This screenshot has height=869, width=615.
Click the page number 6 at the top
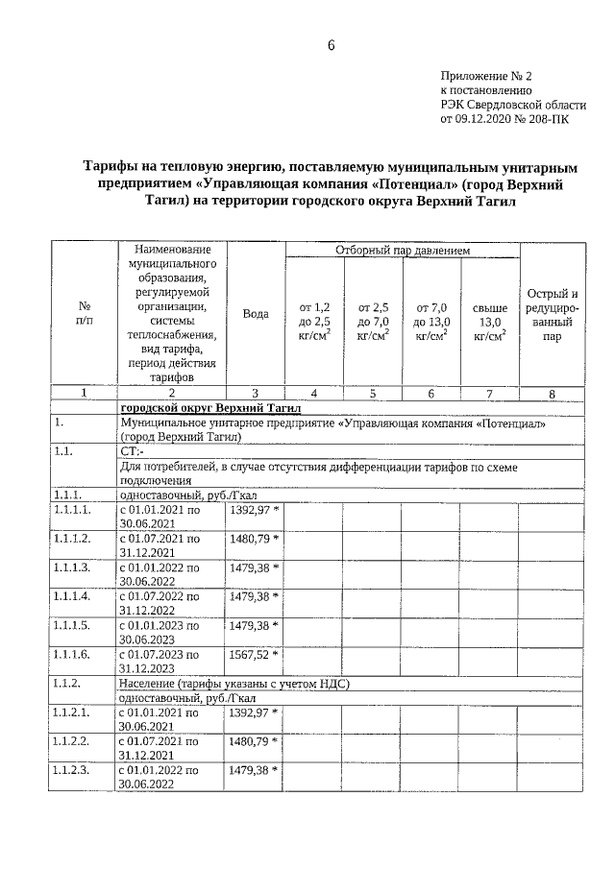pyautogui.click(x=330, y=45)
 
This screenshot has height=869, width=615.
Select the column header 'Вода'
pyautogui.click(x=256, y=314)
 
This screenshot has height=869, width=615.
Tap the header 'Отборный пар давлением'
pyautogui.click(x=403, y=251)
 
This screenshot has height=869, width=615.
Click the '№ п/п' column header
pyautogui.click(x=83, y=314)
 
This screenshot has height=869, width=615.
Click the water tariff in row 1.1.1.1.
pyautogui.click(x=254, y=510)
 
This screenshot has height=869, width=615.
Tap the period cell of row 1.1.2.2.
pyautogui.click(x=159, y=748)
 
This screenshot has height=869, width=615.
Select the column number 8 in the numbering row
pyautogui.click(x=552, y=393)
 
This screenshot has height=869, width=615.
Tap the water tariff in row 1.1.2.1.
pyautogui.click(x=254, y=712)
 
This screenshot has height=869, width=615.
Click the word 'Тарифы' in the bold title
pyautogui.click(x=110, y=166)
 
